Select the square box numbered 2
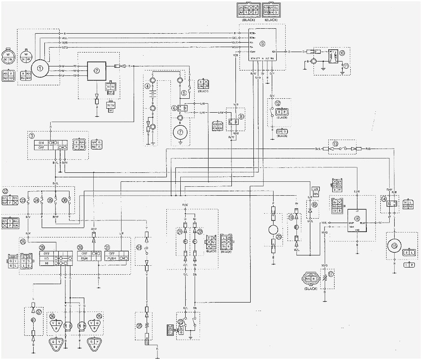[96, 70]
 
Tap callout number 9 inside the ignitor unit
[262, 44]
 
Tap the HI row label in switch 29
[47, 265]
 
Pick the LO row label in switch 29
[47, 259]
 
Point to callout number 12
[278, 103]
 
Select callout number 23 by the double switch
[180, 321]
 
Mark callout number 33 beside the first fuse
[23, 200]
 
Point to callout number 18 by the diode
[314, 204]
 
